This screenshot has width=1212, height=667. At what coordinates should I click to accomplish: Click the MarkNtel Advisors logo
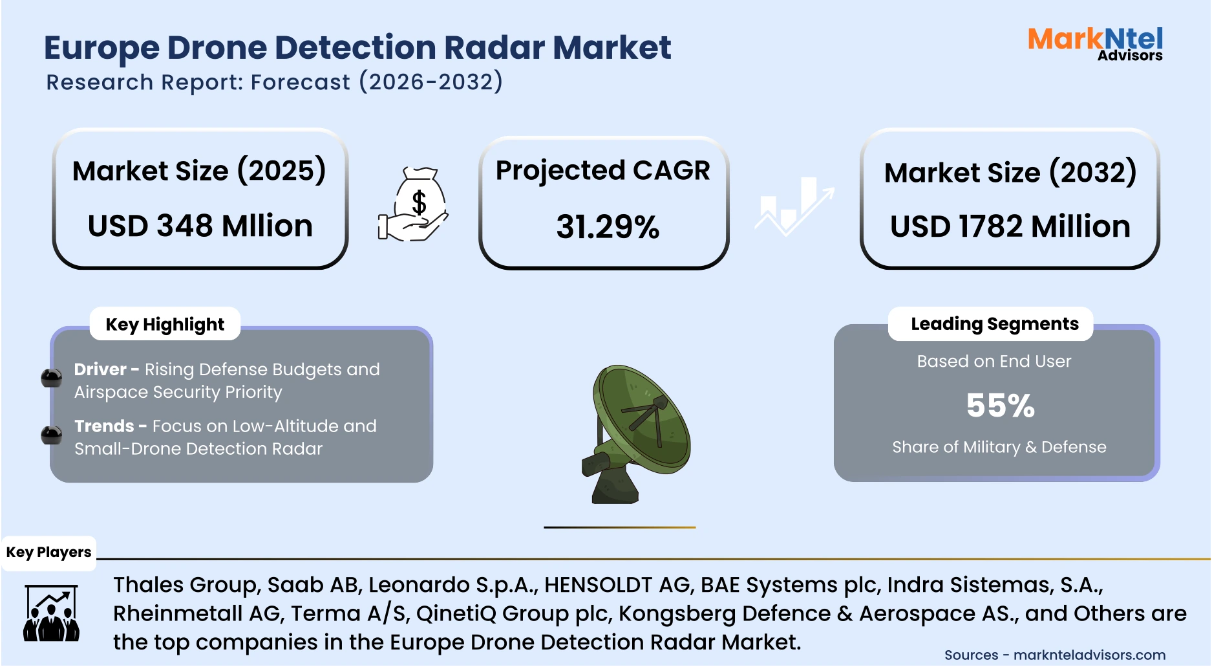click(1095, 44)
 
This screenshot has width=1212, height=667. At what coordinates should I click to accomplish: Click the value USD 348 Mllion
click(200, 226)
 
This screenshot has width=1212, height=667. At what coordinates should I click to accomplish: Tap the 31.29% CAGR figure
click(608, 227)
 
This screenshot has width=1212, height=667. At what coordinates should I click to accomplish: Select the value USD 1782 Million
click(1010, 226)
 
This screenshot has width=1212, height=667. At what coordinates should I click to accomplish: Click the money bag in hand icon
click(414, 205)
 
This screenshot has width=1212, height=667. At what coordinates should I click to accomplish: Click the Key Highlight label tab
click(165, 324)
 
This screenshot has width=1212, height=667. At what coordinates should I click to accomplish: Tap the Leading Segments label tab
click(994, 323)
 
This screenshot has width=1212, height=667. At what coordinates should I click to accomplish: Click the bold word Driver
click(100, 369)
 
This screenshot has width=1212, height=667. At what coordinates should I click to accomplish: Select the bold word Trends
click(104, 426)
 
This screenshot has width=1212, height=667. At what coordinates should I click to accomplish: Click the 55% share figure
click(1000, 406)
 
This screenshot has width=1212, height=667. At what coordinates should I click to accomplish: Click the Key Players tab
click(48, 552)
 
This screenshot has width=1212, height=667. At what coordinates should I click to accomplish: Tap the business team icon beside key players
click(51, 613)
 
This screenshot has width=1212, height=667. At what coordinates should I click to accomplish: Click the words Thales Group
click(186, 585)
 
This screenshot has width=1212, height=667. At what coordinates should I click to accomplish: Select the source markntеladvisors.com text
click(1089, 655)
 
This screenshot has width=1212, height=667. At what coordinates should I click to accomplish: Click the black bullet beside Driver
click(51, 377)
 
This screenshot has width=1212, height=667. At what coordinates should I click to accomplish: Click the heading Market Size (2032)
click(1010, 173)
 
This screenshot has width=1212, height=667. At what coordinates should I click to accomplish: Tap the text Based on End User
click(994, 361)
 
